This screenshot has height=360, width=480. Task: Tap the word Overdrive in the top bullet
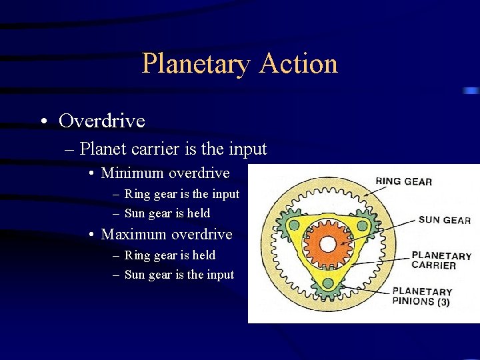point(101,121)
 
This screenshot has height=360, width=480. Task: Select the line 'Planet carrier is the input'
point(173,149)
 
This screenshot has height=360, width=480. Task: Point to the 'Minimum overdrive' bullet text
point(165,173)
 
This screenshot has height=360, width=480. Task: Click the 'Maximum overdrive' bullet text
point(167,235)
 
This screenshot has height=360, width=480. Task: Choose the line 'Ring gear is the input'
point(181,194)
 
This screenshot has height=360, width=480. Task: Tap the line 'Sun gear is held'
point(167,213)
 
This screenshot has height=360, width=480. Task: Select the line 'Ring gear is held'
point(169,255)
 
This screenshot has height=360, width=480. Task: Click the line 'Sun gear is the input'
point(179,275)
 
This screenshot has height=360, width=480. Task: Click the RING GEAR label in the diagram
point(403,181)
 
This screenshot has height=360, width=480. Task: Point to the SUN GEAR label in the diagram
point(445,220)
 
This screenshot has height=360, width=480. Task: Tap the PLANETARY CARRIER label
point(441,260)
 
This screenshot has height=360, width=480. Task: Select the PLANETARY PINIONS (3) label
point(422,297)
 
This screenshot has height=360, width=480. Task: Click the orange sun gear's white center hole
point(327,244)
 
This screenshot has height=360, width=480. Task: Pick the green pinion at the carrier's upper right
point(362,225)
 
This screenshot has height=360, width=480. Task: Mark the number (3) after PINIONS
point(443,302)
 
